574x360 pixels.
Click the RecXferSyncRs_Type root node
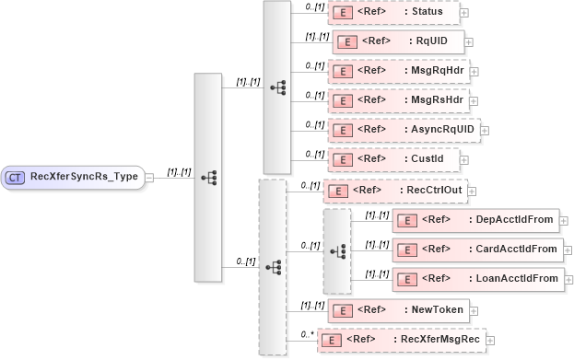[x=74, y=177]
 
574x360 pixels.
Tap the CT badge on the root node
[x=17, y=177]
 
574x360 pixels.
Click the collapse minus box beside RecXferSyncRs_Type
[x=149, y=177]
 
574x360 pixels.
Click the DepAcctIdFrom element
[x=475, y=220]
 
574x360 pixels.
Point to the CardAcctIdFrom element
[x=475, y=249]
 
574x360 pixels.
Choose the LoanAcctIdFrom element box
[x=475, y=278]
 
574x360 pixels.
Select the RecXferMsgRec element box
[x=401, y=340]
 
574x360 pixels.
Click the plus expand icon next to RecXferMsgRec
[x=491, y=341]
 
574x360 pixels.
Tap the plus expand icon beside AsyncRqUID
[x=486, y=130]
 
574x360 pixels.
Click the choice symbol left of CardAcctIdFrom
[x=337, y=250]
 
